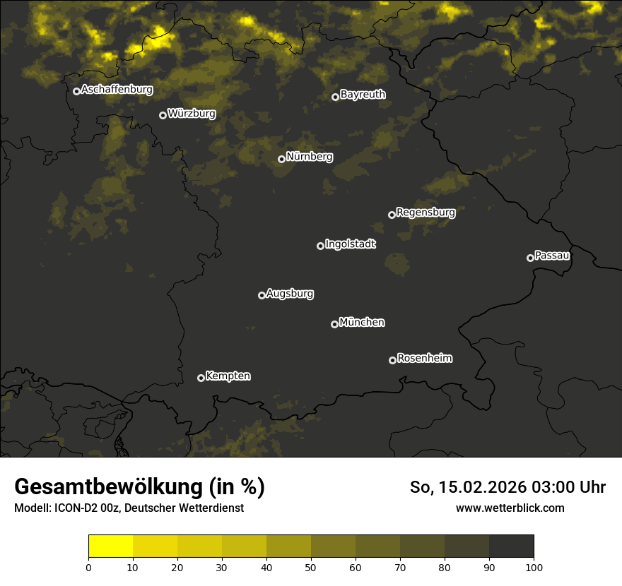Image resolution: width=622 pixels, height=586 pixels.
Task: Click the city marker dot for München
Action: (334, 324)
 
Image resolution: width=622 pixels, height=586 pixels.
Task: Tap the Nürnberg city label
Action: (310, 157)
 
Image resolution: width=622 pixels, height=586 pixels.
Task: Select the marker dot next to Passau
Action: (530, 258)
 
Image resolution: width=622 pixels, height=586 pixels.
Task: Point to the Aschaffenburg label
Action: (117, 90)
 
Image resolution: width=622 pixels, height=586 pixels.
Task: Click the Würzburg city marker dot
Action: (163, 115)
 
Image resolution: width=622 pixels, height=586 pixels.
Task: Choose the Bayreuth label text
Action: (363, 95)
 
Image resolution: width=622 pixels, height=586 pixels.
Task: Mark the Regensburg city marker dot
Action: (392, 215)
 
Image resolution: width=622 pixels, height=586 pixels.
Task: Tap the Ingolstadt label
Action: (351, 244)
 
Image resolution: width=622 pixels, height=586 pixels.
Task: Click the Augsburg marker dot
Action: (262, 295)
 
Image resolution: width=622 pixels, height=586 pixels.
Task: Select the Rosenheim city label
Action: (425, 359)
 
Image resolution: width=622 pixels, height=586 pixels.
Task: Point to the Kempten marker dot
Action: (201, 378)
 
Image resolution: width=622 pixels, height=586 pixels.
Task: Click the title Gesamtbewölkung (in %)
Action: (139, 487)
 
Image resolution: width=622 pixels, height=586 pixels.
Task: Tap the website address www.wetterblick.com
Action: (510, 508)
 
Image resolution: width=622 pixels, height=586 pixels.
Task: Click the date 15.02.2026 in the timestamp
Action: (481, 487)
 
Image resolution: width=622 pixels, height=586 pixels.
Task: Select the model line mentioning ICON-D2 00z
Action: (129, 508)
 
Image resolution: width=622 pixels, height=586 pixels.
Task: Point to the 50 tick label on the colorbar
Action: (311, 566)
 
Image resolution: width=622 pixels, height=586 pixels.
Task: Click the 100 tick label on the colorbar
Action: (534, 566)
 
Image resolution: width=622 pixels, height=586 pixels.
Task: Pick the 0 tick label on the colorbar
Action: (88, 566)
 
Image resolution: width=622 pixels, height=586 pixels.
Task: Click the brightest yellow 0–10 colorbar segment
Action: (110, 546)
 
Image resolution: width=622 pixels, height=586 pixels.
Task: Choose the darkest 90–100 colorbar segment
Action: (512, 546)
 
